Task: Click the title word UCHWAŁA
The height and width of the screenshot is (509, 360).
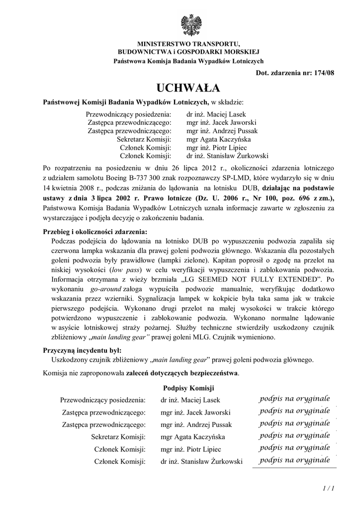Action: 188,88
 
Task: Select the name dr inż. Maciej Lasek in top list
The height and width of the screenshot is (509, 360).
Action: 216,114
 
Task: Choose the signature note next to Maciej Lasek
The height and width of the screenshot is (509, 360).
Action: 294,399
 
